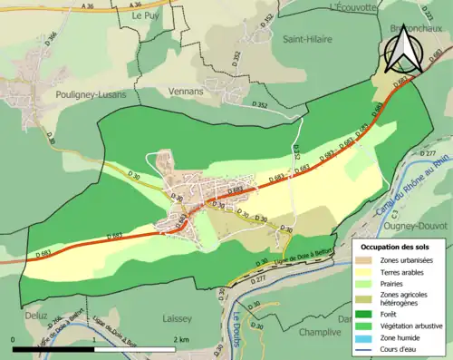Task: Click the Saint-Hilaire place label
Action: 307,39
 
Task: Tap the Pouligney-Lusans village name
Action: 64,93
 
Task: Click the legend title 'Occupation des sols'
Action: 399,246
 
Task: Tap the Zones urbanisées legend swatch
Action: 371,258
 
